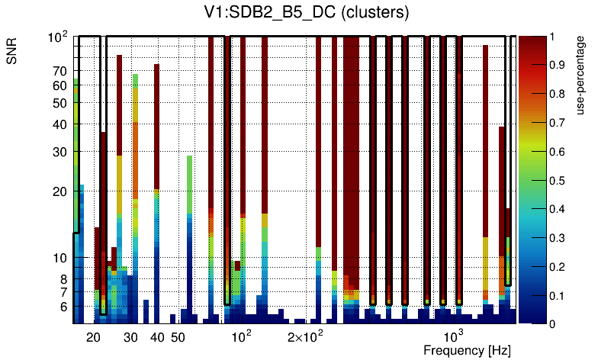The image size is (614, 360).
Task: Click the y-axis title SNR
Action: click(13, 52)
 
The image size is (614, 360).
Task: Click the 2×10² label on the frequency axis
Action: click(306, 337)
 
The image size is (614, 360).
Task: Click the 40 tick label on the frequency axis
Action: click(157, 337)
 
